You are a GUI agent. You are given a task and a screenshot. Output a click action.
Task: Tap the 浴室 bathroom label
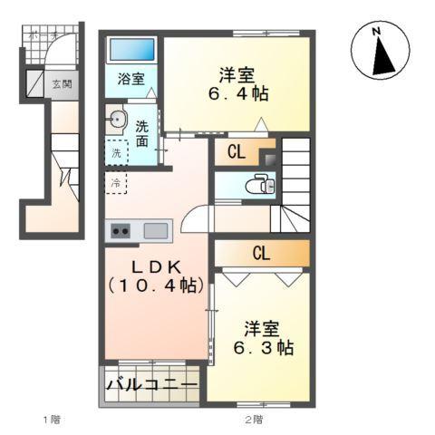130,79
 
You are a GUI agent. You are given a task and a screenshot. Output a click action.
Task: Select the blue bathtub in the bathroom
131,52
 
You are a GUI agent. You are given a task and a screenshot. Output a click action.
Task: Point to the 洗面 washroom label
142,133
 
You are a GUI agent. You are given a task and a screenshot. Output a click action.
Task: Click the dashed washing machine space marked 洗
116,153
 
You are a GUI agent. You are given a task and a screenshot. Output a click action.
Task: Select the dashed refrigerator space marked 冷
116,183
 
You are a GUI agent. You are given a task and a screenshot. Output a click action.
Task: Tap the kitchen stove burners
120,230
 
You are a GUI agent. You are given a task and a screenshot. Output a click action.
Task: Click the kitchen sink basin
154,230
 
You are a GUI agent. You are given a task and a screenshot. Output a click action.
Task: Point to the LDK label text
155,268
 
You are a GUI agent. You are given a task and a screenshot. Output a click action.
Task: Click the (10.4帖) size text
155,286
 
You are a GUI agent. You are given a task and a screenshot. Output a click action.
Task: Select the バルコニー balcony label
151,386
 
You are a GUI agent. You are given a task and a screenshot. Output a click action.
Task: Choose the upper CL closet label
234,153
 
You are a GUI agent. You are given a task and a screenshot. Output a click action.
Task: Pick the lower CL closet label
260,253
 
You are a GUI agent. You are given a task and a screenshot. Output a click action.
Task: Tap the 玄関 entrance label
61,84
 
